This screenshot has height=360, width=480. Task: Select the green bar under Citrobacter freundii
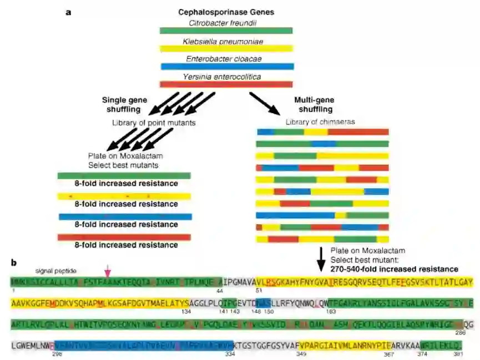(226, 31)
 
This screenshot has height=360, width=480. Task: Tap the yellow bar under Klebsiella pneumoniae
(226, 49)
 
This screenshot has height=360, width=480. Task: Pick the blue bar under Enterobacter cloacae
(226, 67)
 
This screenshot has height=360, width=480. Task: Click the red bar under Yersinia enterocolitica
(226, 84)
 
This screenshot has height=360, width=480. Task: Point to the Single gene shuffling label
(124, 104)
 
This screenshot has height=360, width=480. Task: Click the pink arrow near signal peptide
(108, 271)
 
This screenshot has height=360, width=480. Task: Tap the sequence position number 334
(225, 354)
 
